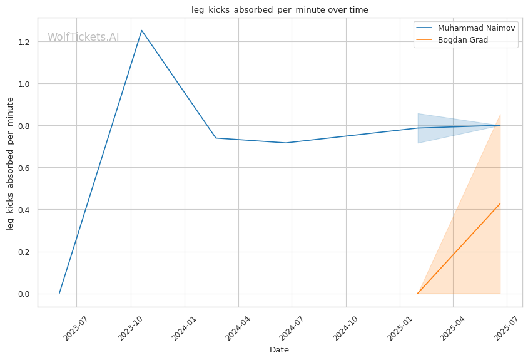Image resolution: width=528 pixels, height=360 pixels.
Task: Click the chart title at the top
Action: click(x=280, y=9)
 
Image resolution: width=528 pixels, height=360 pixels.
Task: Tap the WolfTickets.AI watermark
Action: click(x=83, y=37)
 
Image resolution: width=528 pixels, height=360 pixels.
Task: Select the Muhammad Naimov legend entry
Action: click(x=468, y=28)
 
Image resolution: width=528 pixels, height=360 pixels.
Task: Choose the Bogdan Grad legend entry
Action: click(x=462, y=39)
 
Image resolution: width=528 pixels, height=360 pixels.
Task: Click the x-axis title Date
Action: click(x=279, y=349)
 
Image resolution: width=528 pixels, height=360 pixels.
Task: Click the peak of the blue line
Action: click(x=141, y=30)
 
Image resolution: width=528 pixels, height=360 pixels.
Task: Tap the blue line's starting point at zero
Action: click(x=59, y=293)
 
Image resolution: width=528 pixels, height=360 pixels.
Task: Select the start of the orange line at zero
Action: click(x=418, y=293)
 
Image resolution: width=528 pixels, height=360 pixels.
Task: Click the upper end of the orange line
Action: click(x=500, y=203)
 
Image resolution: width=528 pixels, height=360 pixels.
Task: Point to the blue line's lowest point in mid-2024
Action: click(x=286, y=143)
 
